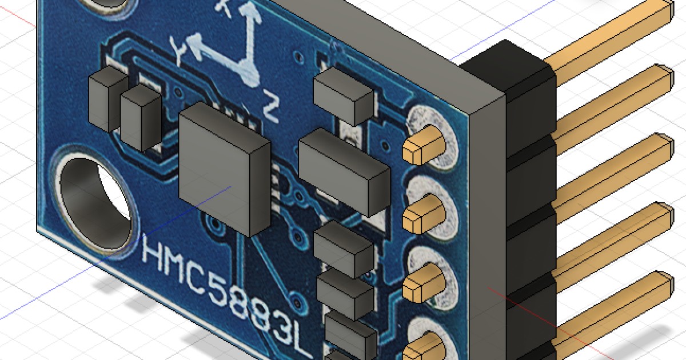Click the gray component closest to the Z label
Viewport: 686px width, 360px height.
(x=343, y=94)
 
